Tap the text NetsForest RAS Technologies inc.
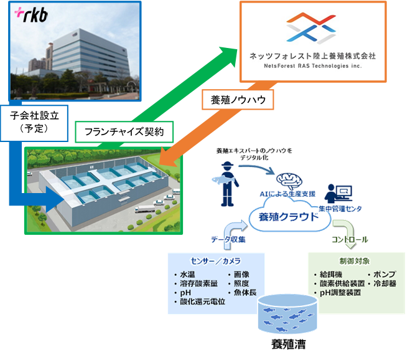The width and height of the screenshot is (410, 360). [313, 65]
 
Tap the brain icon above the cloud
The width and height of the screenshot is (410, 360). [289, 182]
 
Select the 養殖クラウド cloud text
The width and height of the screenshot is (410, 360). [282, 218]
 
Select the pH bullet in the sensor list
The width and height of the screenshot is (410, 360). [185, 293]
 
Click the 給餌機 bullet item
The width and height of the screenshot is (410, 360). [331, 274]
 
